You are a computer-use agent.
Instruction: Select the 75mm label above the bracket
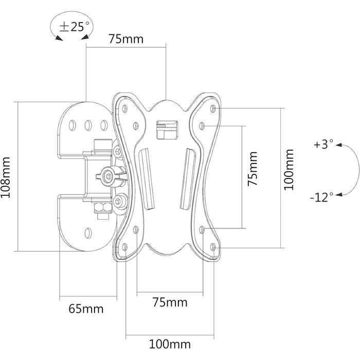pos(125,39)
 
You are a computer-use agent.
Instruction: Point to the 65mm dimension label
pos(86,309)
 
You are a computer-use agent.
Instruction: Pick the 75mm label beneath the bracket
pos(170,302)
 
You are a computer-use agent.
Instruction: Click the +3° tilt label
pos(323,145)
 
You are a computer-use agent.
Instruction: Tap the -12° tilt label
pos(322,196)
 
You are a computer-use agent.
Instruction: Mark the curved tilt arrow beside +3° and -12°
pos(351,170)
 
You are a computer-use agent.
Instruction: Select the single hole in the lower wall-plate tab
pos(88,231)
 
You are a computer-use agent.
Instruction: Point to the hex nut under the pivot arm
pos(101,207)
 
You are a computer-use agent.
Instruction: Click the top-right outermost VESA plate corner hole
pos(213,109)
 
